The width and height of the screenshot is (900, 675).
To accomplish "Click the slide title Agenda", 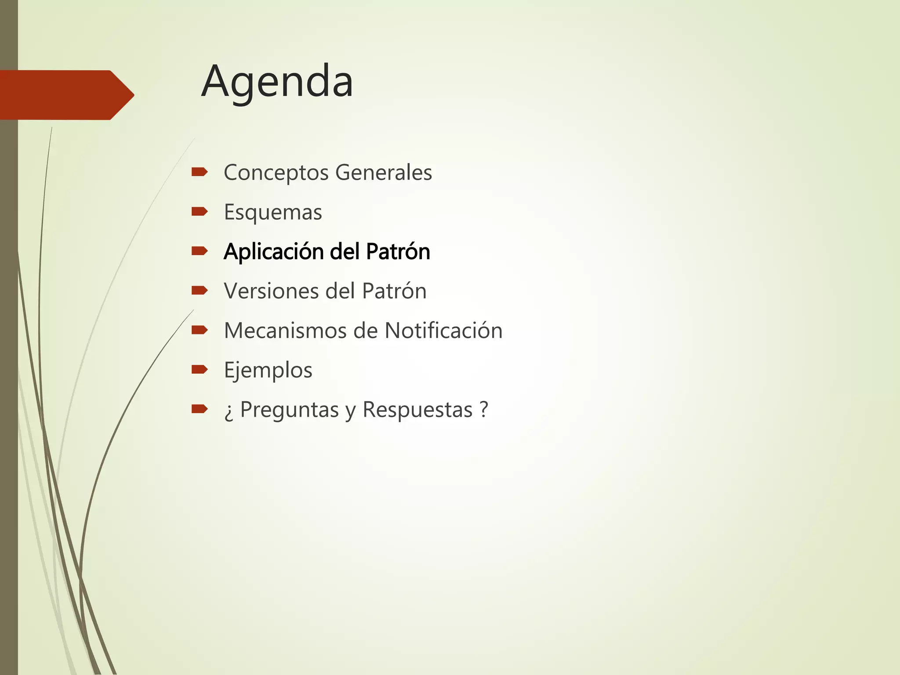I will pos(277,82).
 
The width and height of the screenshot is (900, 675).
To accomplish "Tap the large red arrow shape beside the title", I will pos(66,95).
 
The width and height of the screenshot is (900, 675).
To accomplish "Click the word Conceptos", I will pos(276,173).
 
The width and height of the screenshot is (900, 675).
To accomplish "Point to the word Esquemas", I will pos(273,212).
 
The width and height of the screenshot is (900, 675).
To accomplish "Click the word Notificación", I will pos(443,330).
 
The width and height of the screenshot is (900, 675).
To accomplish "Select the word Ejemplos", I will pos(268,370).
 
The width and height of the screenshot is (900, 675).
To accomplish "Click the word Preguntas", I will pos(290,410).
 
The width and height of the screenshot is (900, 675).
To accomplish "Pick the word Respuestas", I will pos(417,410).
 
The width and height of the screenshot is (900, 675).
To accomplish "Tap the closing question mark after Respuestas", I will pos(484,409).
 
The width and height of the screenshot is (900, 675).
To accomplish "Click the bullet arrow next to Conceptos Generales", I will pos(200,172).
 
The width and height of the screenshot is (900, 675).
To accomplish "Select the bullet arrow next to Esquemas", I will pos(200,212).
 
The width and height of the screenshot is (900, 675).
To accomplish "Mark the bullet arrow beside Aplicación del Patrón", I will pos(200,251).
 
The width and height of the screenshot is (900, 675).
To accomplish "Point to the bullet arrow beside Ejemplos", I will pos(200,370).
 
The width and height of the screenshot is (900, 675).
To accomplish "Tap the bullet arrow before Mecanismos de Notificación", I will pos(200,330).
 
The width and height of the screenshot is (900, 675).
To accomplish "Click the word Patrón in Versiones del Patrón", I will pos(394,291).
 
